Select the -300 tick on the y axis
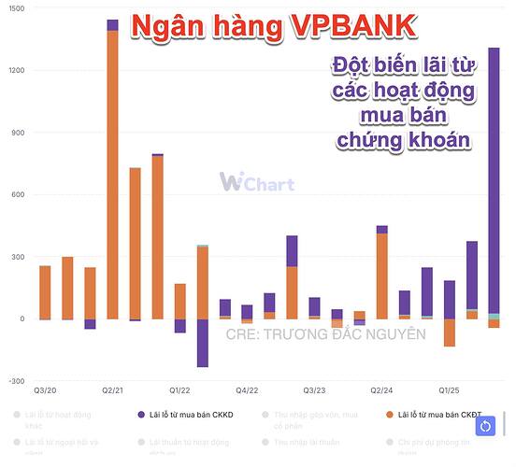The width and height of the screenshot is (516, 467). point(16,381)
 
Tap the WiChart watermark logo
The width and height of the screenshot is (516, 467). point(256,182)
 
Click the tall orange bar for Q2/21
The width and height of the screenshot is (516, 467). point(113,177)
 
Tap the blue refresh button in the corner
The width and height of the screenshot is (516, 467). point(486,427)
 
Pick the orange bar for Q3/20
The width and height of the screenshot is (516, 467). point(45,292)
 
